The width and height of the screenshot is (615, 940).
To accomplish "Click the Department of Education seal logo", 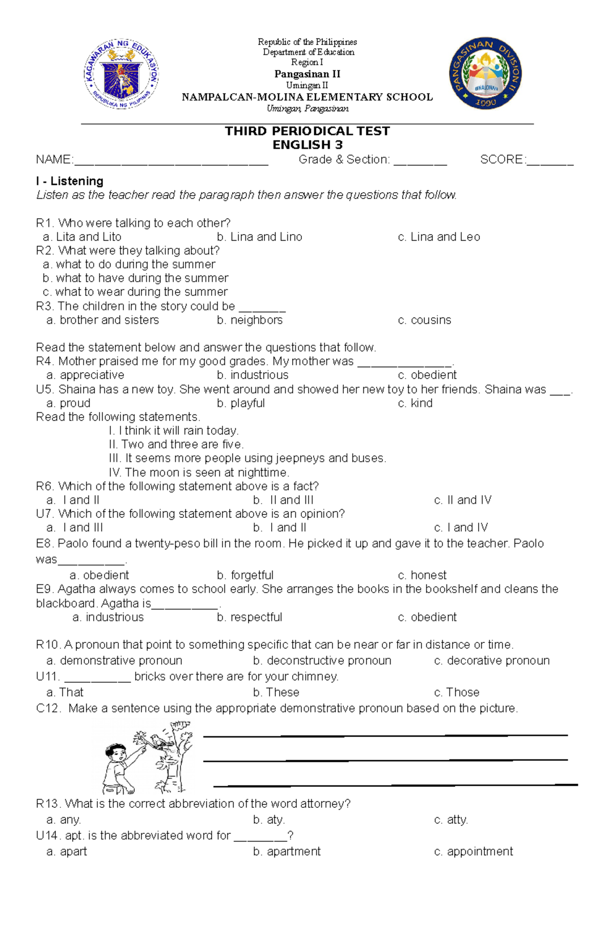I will point(121,74).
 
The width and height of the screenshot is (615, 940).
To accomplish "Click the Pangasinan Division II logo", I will point(485,73).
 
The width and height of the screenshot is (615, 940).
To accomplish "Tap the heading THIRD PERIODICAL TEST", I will point(307,131).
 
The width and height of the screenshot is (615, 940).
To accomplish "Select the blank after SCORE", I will point(549,161).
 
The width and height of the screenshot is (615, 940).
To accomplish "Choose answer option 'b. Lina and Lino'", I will point(259,237).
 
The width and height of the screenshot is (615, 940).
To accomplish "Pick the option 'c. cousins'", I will point(424,320).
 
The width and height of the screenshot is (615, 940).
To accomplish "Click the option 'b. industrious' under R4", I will point(253,375).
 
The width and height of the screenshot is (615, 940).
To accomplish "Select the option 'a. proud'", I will point(68,403).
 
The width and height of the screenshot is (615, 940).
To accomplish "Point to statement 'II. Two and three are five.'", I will point(176,444).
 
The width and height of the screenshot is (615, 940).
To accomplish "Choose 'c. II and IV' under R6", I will point(462,500).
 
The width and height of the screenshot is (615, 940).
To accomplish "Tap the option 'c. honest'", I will point(422,575).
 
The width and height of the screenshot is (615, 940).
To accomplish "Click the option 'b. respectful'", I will point(250,617).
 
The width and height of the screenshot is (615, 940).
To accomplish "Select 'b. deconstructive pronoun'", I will point(322,661).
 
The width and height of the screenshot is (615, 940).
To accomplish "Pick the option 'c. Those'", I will point(457,693).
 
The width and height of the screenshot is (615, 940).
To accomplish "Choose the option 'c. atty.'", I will point(451,820).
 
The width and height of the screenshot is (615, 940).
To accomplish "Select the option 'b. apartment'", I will point(287,851).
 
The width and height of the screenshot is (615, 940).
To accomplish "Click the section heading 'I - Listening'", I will point(70,181).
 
